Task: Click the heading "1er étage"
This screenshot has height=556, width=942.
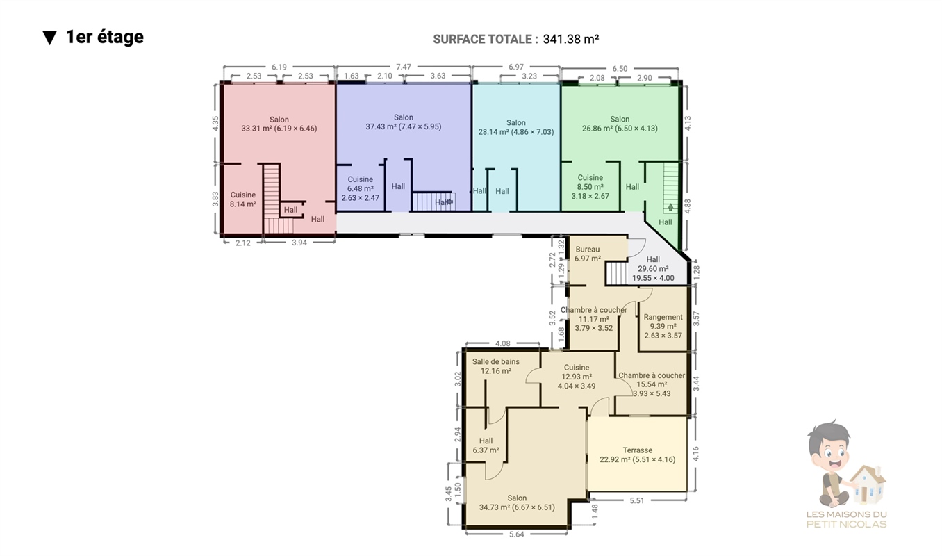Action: point(105,37)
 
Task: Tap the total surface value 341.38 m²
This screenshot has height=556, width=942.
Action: point(570,39)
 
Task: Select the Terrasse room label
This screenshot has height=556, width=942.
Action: point(638,450)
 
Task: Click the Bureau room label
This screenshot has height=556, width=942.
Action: point(588,250)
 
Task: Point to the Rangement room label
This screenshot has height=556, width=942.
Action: point(663,317)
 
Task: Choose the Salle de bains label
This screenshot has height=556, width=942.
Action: point(496,361)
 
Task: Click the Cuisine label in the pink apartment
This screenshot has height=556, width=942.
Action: point(243,195)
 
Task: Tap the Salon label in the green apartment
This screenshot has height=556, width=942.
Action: point(620,119)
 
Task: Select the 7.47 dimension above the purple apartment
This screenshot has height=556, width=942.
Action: point(404,67)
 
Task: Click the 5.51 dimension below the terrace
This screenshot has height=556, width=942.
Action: point(637,500)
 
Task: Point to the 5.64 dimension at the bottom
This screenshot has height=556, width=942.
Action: point(516,534)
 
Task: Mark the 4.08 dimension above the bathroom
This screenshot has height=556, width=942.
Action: point(502,343)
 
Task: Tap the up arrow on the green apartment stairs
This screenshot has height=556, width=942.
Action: point(670,207)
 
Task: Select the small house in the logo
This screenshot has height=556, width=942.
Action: point(868,484)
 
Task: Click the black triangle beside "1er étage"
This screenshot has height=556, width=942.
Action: point(49,38)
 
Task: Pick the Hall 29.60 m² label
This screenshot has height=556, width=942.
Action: point(653,269)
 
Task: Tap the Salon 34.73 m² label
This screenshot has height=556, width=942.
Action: point(517,503)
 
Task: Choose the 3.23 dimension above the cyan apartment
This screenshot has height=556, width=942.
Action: point(529,76)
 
